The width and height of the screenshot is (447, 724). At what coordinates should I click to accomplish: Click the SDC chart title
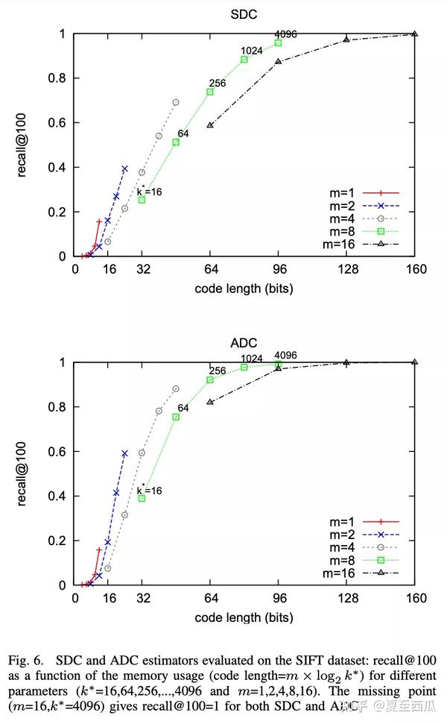pos(244,14)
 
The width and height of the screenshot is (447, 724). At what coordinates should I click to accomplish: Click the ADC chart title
pos(244,343)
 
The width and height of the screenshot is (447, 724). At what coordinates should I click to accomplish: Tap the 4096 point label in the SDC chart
pos(285,34)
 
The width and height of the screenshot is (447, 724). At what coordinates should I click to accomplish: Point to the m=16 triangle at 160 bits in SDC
pos(415,34)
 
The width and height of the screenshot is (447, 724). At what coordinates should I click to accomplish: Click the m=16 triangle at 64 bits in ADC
pos(210,402)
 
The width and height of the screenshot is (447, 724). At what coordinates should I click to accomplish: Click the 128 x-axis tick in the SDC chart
pos(346,269)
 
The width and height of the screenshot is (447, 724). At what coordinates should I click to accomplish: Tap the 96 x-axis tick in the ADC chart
pos(278,598)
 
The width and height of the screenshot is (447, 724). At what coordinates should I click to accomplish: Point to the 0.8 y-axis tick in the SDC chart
pos(61,78)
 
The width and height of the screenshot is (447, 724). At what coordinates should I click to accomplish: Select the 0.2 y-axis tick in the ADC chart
pos(61,541)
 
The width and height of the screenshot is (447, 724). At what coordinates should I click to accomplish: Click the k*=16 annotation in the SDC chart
pos(150,191)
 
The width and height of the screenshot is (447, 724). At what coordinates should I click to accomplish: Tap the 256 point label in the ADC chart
pos(218,371)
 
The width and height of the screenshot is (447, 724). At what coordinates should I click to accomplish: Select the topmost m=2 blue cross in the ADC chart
pos(124,453)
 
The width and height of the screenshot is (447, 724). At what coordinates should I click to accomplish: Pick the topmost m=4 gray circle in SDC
pos(176,102)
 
